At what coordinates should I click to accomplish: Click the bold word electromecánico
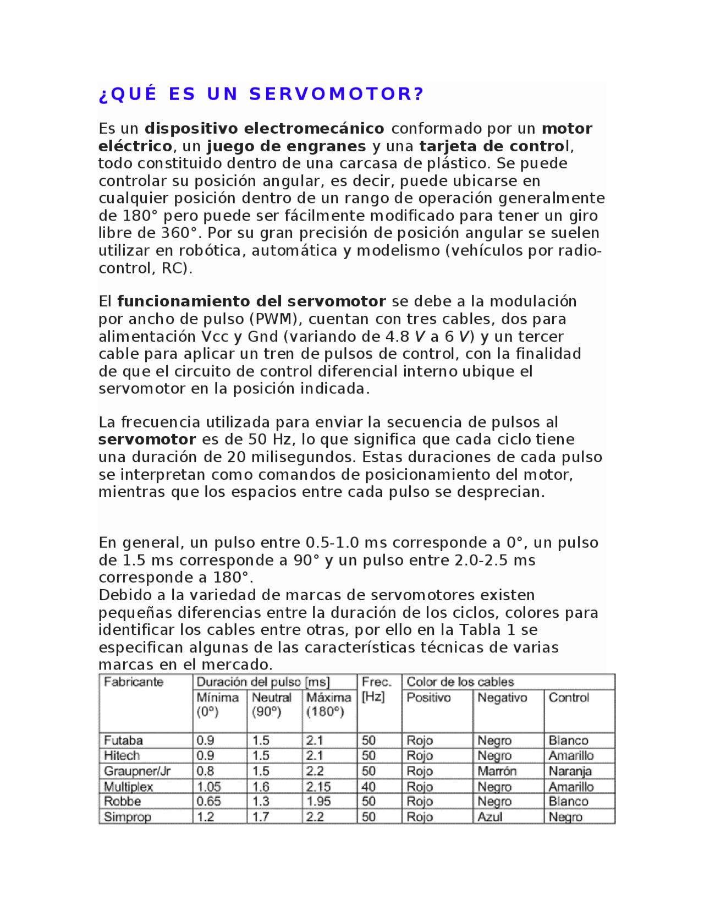point(314,129)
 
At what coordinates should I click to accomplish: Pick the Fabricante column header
point(134,682)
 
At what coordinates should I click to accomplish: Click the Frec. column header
point(377,682)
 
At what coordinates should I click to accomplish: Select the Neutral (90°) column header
point(272,705)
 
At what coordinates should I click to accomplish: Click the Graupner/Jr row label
point(137,771)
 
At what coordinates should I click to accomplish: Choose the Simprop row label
point(127,817)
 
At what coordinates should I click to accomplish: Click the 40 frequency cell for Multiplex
point(369,787)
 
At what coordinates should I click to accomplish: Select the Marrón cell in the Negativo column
point(497,771)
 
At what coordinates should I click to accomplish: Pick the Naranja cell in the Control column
point(570,771)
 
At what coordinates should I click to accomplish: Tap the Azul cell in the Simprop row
point(490,817)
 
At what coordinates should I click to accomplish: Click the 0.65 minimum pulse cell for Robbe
point(208,802)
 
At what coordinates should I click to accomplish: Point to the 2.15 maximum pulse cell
point(318,787)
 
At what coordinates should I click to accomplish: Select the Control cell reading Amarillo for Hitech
point(571,756)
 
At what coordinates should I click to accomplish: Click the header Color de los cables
point(460,682)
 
